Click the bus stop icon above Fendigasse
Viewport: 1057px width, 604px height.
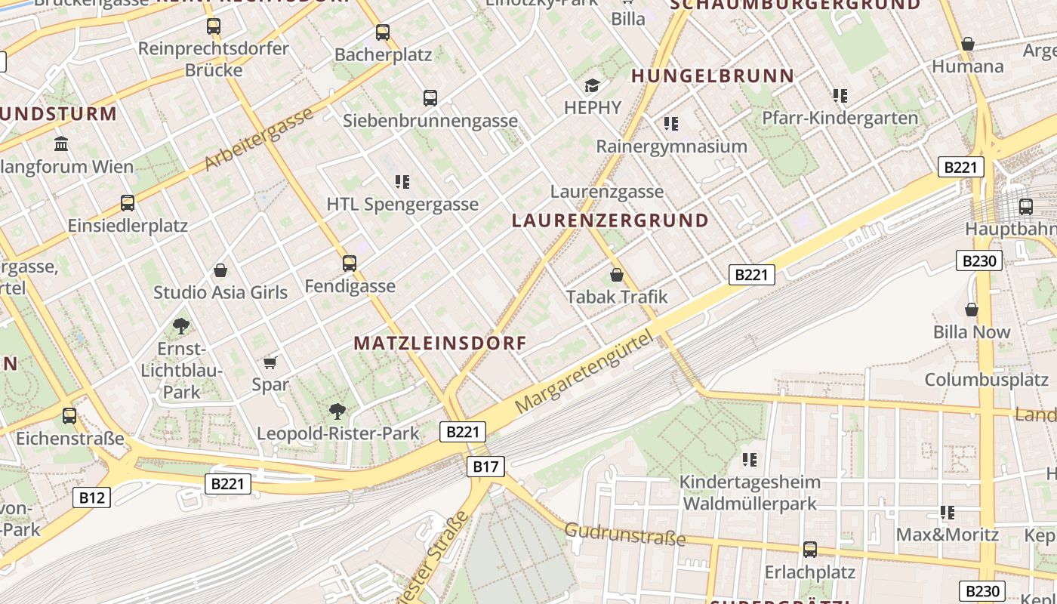tap(349, 263)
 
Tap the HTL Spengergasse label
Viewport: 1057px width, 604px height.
tap(402, 204)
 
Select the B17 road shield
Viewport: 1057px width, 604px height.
tap(485, 467)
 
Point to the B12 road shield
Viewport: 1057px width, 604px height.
tap(92, 497)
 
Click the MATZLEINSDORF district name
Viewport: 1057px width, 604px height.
tap(440, 343)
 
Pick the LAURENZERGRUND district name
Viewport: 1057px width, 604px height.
tap(610, 220)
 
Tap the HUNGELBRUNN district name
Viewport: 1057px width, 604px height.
tap(713, 75)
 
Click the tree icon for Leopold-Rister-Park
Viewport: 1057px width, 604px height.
tap(337, 411)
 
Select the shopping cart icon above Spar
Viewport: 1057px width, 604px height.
tap(270, 362)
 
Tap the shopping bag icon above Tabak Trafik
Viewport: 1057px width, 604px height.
tap(617, 275)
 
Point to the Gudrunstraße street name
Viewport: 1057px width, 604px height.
tap(625, 534)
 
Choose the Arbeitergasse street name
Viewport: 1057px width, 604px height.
tap(258, 139)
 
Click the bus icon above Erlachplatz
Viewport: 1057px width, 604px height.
tap(810, 550)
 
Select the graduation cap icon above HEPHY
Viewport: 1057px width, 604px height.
tap(593, 85)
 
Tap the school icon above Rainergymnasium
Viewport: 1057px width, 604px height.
tap(671, 123)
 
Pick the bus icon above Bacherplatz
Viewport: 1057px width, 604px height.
tap(383, 32)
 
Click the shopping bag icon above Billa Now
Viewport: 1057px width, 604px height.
tap(972, 310)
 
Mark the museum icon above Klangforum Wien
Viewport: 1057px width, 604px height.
tap(61, 143)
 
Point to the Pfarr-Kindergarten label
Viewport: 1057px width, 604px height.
tap(840, 118)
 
